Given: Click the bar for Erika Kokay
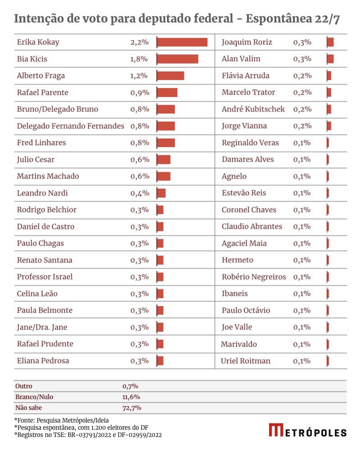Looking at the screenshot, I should coord(182,42).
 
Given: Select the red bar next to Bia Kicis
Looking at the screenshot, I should coord(177,59).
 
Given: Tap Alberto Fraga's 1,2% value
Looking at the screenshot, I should coord(139,76).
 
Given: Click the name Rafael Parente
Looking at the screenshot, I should coord(42,92).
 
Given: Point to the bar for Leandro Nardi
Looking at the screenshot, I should coord(161,193).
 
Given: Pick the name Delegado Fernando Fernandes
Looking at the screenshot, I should coord(70,126).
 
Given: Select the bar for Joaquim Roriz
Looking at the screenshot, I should coord(330,42).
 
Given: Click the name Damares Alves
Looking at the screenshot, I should coord(247,159).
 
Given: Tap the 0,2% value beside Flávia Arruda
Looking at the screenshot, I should coord(302,76).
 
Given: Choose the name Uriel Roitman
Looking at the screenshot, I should coord(246,361).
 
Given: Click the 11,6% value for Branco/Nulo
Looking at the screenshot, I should coord(131,397).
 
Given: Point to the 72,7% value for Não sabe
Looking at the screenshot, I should coord(132,408).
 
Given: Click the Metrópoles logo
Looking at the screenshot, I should coord(308,430).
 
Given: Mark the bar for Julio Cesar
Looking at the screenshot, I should coord(164,159).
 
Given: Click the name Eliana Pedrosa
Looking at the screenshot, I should coord(43,361).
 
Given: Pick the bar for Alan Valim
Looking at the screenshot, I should coord(330,59).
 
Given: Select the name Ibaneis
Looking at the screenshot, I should coord(234,294).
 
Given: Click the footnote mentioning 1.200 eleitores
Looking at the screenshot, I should coord(81,427).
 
